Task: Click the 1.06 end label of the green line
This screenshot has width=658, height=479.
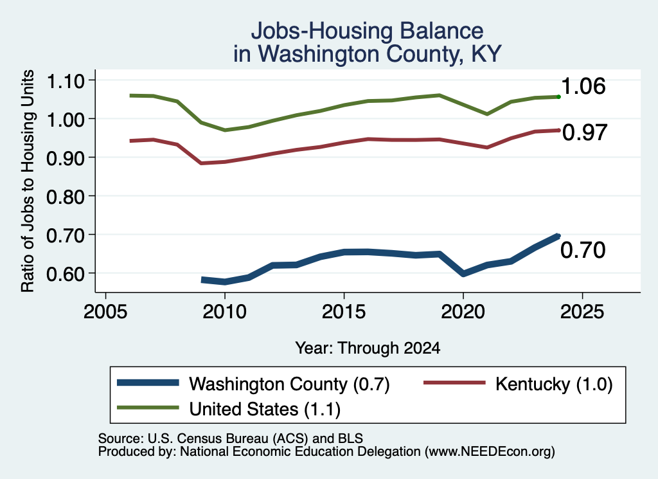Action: coord(583,87)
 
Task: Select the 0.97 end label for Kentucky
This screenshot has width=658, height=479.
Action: coord(585,132)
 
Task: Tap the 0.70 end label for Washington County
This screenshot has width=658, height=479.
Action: coord(583,250)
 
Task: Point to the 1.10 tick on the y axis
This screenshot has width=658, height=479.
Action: coord(66,81)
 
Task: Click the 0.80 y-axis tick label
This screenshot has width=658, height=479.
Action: coord(66,197)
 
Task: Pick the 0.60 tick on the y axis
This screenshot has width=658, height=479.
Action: coord(66,274)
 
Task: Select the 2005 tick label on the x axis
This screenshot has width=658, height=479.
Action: coord(106,312)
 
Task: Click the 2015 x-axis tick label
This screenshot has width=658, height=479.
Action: coord(344,312)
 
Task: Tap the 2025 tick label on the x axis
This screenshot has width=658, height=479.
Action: coord(582,312)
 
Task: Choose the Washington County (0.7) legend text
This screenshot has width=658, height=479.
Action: coord(290,384)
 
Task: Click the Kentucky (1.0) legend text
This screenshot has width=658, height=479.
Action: coord(554,384)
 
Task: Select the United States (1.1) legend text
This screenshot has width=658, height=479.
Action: coord(265,410)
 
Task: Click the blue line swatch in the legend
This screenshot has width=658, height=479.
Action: coord(148,383)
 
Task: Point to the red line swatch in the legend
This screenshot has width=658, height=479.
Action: coord(454,383)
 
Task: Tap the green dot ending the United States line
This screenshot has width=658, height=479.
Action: coord(558,97)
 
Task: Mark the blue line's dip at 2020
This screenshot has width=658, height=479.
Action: coord(463,274)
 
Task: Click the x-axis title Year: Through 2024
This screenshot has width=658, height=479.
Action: coord(368,348)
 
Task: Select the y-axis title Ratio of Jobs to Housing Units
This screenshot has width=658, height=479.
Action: coord(28,181)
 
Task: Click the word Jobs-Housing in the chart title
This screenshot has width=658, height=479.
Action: coord(323,31)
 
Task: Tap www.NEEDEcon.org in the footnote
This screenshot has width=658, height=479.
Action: coord(489,452)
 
